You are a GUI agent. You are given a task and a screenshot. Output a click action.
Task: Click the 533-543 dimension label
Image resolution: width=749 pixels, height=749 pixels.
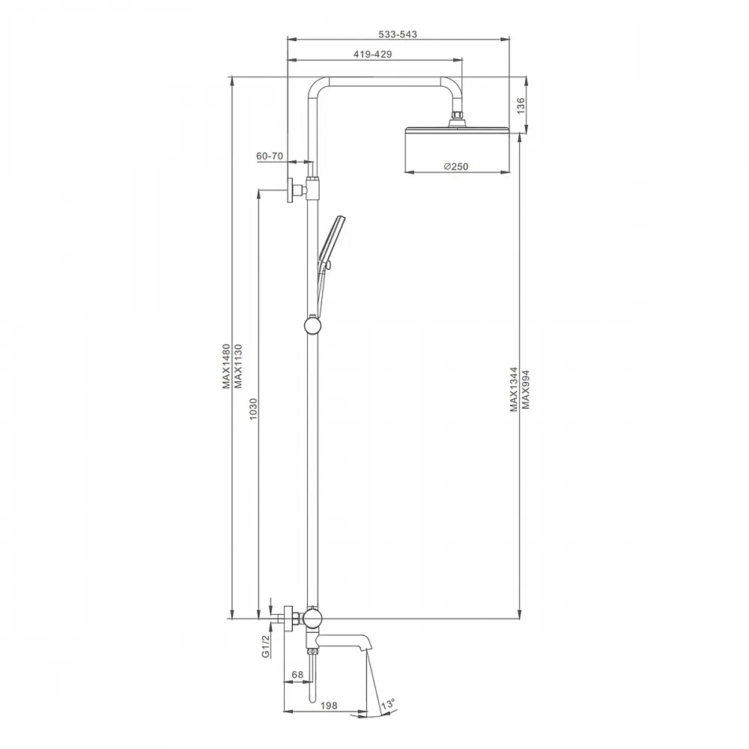coord(398,34)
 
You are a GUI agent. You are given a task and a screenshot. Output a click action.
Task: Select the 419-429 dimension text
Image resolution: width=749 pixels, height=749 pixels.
coord(372,55)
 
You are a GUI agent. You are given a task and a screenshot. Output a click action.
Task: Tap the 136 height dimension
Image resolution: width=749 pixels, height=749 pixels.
coord(521,105)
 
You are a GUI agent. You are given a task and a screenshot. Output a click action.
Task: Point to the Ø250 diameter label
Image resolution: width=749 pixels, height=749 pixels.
coord(456,167)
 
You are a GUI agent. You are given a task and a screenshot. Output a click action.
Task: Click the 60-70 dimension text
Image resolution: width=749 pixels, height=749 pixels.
coord(270,157)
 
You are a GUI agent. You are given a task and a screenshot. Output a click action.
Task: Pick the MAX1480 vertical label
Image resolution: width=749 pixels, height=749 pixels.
coord(226,366)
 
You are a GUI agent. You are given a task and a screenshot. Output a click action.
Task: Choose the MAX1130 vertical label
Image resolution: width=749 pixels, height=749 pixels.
coord(238,366)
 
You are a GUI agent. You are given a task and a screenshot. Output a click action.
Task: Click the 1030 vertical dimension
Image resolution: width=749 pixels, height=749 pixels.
coord(253,410)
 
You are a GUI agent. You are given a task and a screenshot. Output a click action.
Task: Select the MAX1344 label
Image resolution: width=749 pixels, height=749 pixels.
coord(514,389)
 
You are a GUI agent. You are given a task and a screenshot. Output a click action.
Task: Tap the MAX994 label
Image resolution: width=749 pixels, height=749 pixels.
coord(526,389)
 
